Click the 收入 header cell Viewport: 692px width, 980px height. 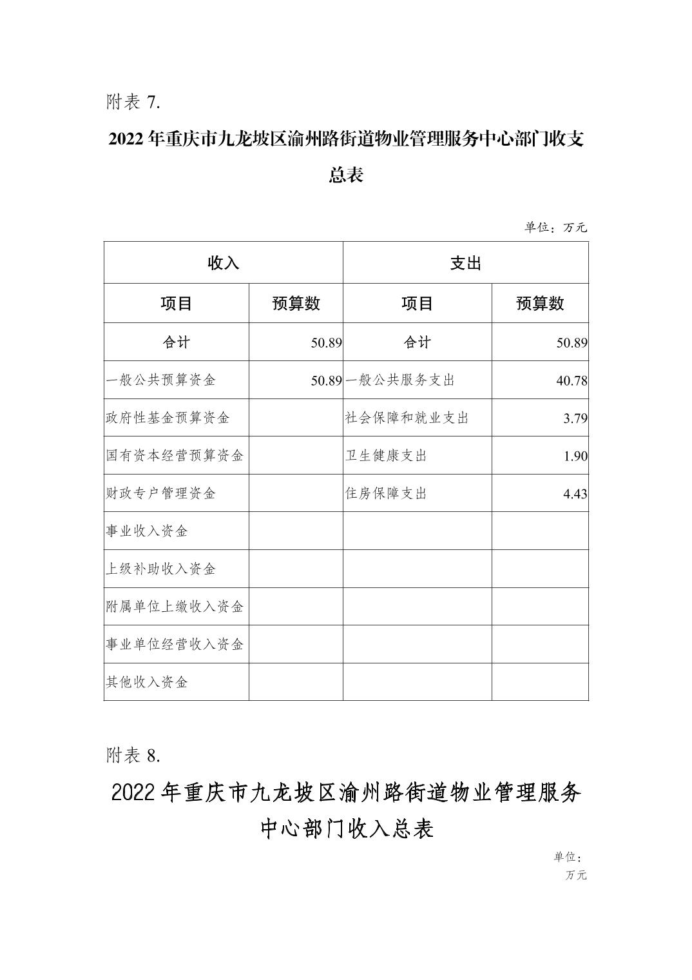point(223,263)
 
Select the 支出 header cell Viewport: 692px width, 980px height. point(465,263)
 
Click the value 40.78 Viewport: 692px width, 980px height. point(572,380)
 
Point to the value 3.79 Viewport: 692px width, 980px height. point(575,418)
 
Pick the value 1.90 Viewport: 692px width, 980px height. point(575,456)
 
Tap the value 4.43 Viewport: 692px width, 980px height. point(575,494)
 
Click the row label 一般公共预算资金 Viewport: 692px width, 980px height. point(161,380)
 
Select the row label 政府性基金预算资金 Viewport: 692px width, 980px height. point(168,418)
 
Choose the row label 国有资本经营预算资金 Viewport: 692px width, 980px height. point(175,455)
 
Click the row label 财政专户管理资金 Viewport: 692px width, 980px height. point(161,493)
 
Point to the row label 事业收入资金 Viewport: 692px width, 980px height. point(147,531)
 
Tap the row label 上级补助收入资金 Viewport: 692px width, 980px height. point(161,569)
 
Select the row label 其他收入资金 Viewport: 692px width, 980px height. point(147,682)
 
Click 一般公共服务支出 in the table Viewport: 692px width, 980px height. point(400,380)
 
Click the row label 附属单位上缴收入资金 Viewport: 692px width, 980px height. point(175,607)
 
